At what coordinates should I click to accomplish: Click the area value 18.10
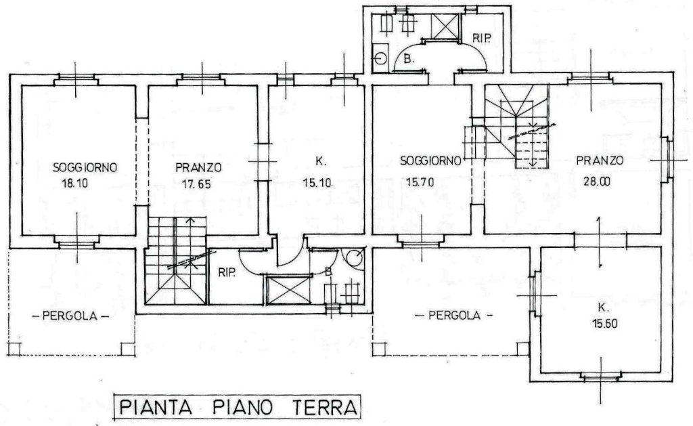point(74,183)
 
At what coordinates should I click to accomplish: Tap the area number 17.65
point(197,183)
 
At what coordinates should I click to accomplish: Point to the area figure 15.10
point(317,182)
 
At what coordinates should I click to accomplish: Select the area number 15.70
point(420,182)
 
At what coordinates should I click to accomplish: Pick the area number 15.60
point(605,323)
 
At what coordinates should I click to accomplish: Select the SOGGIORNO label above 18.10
point(85,167)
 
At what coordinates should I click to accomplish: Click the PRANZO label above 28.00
point(600,160)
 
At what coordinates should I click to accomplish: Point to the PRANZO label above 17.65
point(198,168)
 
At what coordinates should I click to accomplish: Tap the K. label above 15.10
point(321,161)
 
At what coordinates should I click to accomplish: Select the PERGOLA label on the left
point(71,316)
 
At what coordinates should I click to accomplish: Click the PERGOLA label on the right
point(454,315)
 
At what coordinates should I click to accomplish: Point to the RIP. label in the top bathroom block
point(482,38)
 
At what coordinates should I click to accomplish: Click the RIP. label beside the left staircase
point(227,272)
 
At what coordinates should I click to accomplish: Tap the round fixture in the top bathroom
point(380,58)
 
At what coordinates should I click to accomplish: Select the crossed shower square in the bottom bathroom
point(288,290)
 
